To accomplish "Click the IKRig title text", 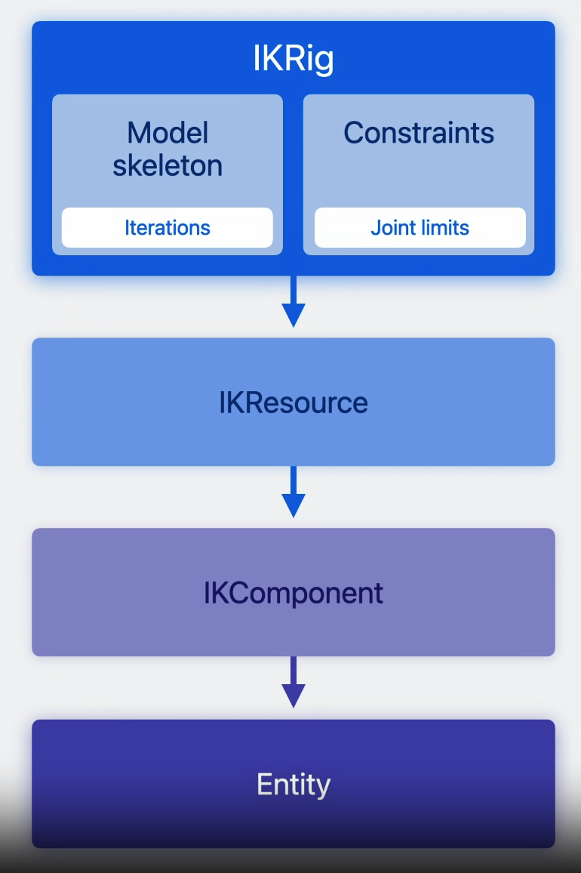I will (293, 60).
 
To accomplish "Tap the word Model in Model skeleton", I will (168, 133).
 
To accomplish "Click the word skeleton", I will (168, 165).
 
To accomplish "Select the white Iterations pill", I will (168, 227).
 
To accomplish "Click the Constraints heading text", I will (419, 133).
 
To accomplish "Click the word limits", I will (445, 227).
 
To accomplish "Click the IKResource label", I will (293, 403).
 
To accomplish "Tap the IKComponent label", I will (293, 593).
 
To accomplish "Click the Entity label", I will (293, 785).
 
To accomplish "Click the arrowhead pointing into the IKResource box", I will (293, 315).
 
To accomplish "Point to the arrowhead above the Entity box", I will (293, 696).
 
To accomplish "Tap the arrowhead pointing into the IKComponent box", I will (293, 505).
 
